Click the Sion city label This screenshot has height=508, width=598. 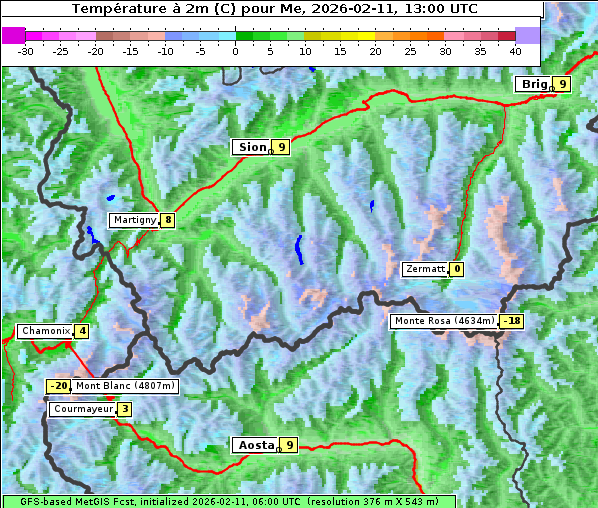click(x=251, y=147)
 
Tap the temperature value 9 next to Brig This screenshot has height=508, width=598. click(x=563, y=84)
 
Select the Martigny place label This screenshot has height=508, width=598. click(x=133, y=220)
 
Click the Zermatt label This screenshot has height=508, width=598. click(x=424, y=269)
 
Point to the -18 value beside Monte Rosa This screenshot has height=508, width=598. click(x=512, y=321)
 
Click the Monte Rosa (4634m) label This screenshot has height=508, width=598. click(x=444, y=321)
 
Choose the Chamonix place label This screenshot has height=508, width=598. click(x=45, y=331)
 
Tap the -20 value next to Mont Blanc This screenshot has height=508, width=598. click(x=59, y=386)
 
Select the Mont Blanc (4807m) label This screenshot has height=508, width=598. click(x=125, y=386)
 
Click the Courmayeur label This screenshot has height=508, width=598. click(x=82, y=409)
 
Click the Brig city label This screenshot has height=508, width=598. click(x=533, y=84)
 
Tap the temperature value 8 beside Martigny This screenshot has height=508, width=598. click(x=168, y=220)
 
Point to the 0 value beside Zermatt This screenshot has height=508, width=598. click(x=457, y=269)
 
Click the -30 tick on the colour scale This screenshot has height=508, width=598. click(x=26, y=50)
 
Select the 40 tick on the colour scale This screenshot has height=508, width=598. click(x=515, y=50)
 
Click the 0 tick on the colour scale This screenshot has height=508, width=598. click(x=235, y=50)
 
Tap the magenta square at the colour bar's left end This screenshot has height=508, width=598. click(x=14, y=35)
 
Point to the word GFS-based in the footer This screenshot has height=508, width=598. click(x=34, y=501)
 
